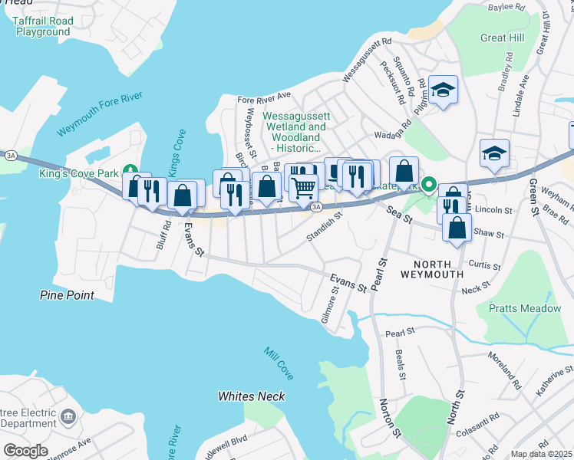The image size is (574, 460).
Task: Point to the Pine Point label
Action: [67, 295]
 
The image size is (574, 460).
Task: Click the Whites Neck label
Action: [251, 396]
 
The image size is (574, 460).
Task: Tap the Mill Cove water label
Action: [279, 363]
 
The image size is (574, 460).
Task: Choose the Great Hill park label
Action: [503, 38]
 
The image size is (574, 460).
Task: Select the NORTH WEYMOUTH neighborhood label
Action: [433, 268]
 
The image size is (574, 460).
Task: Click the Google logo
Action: [25, 450]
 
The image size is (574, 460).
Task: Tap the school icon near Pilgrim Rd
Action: [443, 90]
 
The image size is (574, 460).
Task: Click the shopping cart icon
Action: [304, 186]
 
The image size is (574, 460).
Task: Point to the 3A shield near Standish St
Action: [315, 206]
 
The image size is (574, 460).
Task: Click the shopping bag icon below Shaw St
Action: [457, 228]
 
